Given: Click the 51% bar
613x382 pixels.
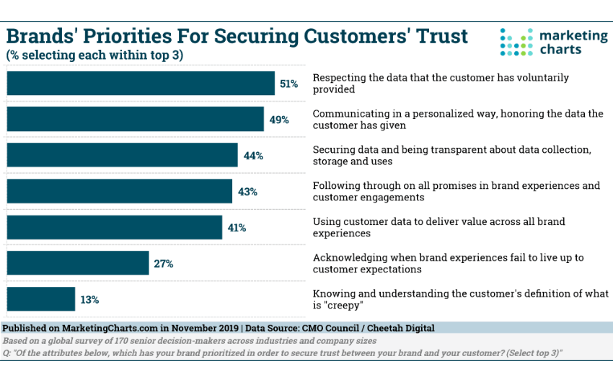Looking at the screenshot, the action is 141,83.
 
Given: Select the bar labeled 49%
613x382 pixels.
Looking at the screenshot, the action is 136,119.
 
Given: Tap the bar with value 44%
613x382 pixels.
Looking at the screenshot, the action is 123,155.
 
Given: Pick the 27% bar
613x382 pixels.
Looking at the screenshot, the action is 78,263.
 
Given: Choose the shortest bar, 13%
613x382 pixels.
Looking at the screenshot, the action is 41,299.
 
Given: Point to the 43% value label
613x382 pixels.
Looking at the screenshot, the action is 247,192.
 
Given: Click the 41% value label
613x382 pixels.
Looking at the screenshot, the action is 237,228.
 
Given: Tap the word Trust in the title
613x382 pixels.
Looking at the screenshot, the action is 442,36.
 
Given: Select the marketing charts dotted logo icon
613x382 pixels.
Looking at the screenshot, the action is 516,42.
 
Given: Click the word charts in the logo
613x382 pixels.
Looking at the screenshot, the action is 560,50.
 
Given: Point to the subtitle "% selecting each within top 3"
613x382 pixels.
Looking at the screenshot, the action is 94,55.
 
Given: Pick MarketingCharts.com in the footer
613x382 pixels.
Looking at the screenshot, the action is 110,328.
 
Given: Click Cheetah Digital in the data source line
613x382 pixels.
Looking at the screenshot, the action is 401,328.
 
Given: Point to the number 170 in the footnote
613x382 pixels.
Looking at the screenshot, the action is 121,341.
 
